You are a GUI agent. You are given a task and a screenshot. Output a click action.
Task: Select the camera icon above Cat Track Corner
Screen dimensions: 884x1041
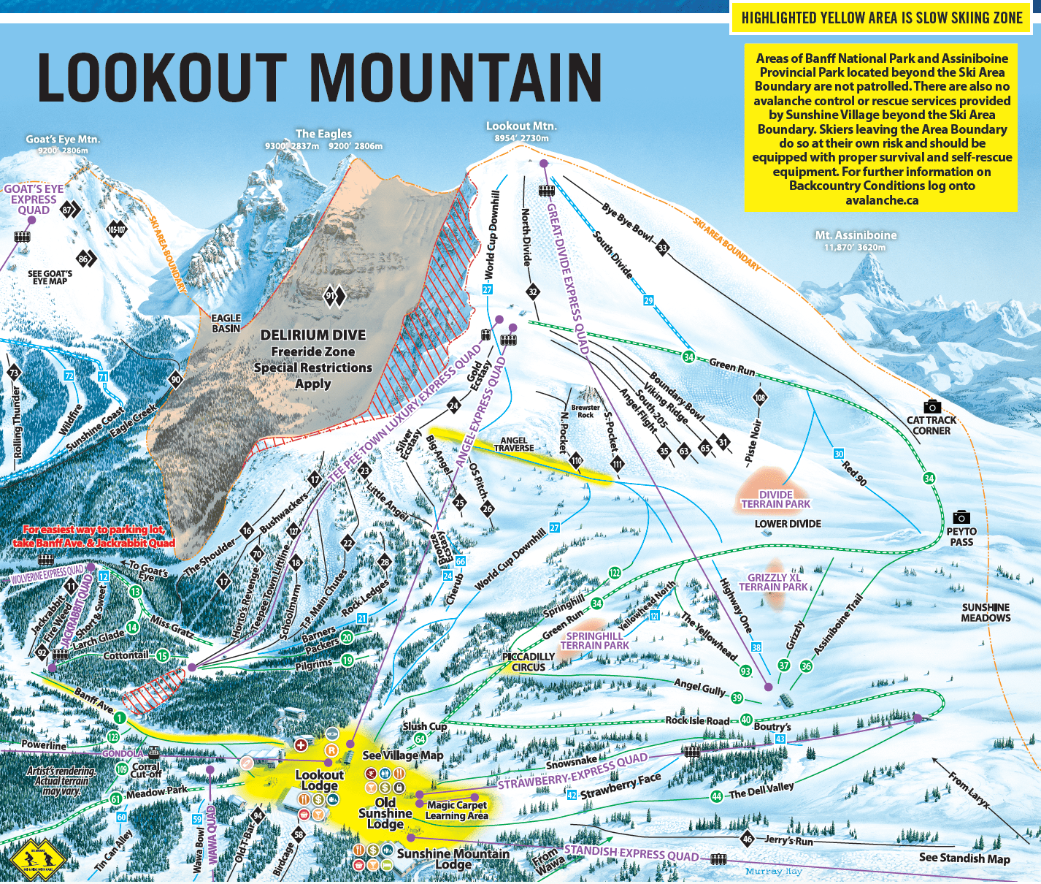tap(931, 406)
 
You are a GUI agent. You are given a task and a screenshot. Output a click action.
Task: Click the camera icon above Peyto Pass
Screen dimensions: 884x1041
tap(961, 517)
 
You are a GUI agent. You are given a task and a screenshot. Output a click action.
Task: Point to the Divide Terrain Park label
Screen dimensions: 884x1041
tap(775, 499)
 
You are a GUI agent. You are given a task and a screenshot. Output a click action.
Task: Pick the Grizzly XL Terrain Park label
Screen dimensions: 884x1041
tap(773, 582)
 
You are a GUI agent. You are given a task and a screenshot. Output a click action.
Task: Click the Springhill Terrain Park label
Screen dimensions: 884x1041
tap(594, 641)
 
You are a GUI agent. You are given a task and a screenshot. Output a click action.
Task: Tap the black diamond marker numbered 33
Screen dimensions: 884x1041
tap(662, 248)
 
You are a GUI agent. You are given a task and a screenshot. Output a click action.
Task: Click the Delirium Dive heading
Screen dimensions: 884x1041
tap(313, 335)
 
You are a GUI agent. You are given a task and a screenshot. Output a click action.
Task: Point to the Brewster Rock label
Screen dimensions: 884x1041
tap(585, 411)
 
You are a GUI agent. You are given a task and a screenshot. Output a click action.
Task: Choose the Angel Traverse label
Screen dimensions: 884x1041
tap(514, 444)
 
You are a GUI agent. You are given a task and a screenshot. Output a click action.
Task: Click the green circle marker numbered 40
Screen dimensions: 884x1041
tap(745, 720)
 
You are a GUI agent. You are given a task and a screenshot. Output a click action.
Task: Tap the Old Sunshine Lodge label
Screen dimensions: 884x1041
tap(385, 812)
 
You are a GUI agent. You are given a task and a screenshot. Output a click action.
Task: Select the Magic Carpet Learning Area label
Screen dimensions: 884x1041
tap(456, 810)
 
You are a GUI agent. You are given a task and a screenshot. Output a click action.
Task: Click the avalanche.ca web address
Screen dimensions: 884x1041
tap(881, 200)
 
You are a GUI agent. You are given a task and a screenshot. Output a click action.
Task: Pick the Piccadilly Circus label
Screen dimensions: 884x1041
tap(528, 662)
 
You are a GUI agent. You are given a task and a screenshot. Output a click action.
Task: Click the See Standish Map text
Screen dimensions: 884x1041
tap(964, 858)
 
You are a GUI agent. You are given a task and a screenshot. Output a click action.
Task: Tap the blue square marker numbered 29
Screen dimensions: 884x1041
tap(648, 300)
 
